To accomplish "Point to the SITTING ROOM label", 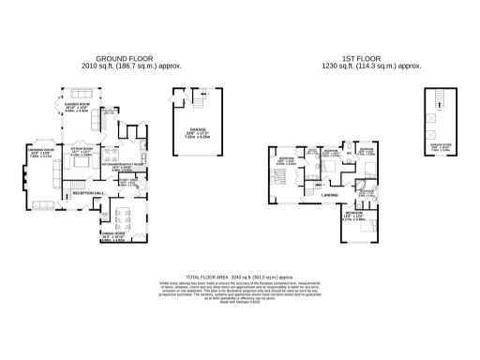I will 82,148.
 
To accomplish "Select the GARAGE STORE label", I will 439,144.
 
